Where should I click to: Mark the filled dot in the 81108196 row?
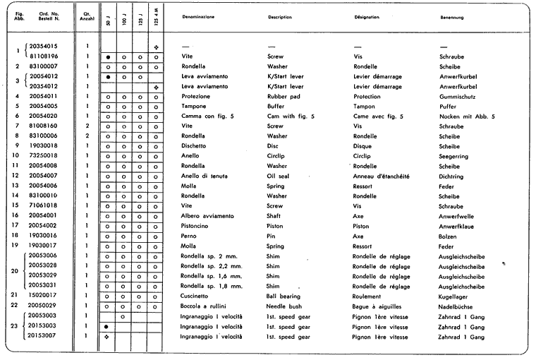click(x=108, y=56)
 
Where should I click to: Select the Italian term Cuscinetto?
click(x=195, y=295)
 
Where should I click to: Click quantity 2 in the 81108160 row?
click(x=86, y=126)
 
